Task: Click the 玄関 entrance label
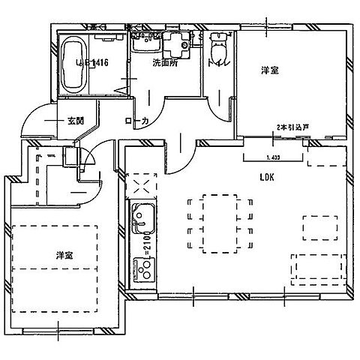click(74, 120)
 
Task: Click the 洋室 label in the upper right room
click(269, 70)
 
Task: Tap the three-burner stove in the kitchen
click(142, 268)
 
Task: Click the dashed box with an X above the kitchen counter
click(141, 184)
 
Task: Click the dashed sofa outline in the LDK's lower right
click(318, 266)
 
